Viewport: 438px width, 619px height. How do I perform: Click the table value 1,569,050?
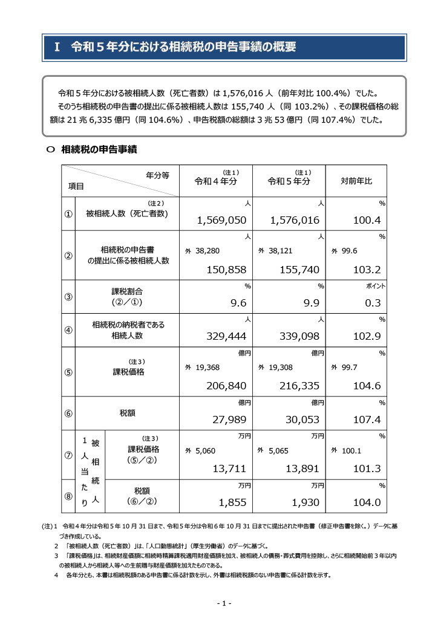coord(222,221)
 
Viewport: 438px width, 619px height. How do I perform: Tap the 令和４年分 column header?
coord(215,181)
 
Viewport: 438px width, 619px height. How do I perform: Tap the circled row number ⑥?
coord(68,413)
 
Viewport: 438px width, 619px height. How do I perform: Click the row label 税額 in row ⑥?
coord(127,413)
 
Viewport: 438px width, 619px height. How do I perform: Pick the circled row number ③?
coord(68,297)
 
